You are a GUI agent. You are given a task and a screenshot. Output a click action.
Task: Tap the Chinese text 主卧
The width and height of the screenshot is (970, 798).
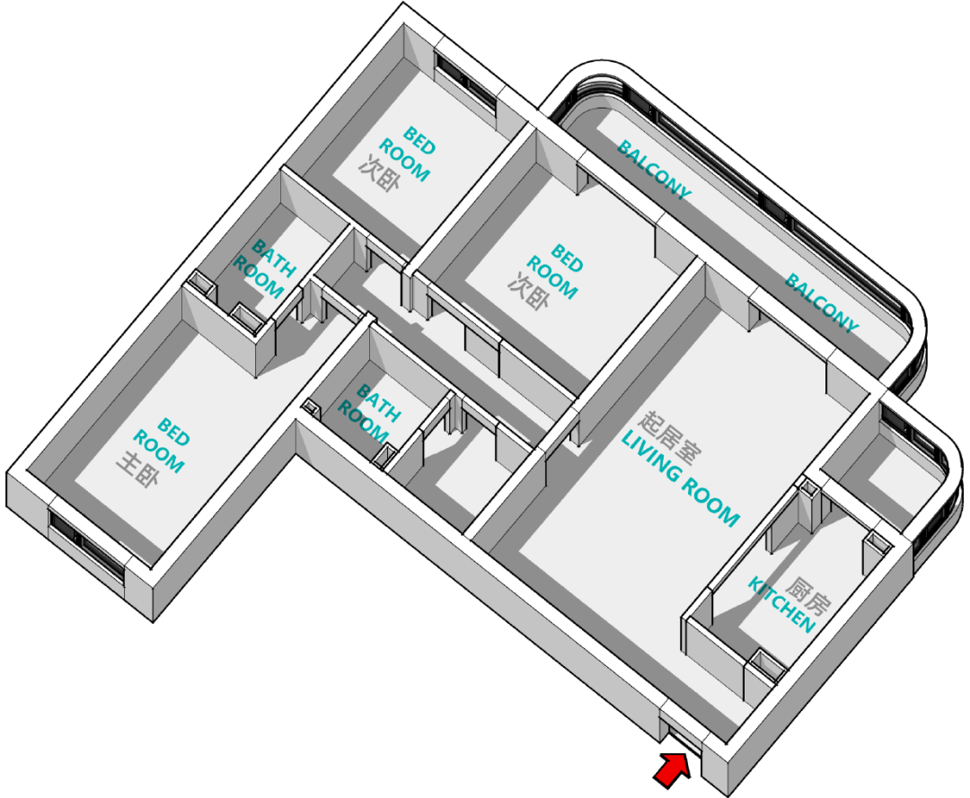135,469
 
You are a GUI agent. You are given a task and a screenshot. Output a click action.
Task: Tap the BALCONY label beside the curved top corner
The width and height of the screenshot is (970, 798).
654,168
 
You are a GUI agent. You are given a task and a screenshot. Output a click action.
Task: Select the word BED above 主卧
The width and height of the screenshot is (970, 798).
174,430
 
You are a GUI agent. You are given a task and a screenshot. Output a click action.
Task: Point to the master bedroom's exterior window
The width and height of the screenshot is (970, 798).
87,547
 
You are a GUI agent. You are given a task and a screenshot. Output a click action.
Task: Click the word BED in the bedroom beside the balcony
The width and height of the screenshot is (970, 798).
568,258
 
